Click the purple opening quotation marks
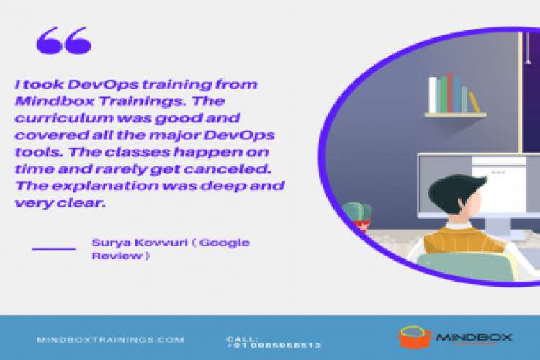tap(63, 40)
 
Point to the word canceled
tap(235, 168)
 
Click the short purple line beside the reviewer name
tap(54, 248)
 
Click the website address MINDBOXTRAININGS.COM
tap(110, 340)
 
